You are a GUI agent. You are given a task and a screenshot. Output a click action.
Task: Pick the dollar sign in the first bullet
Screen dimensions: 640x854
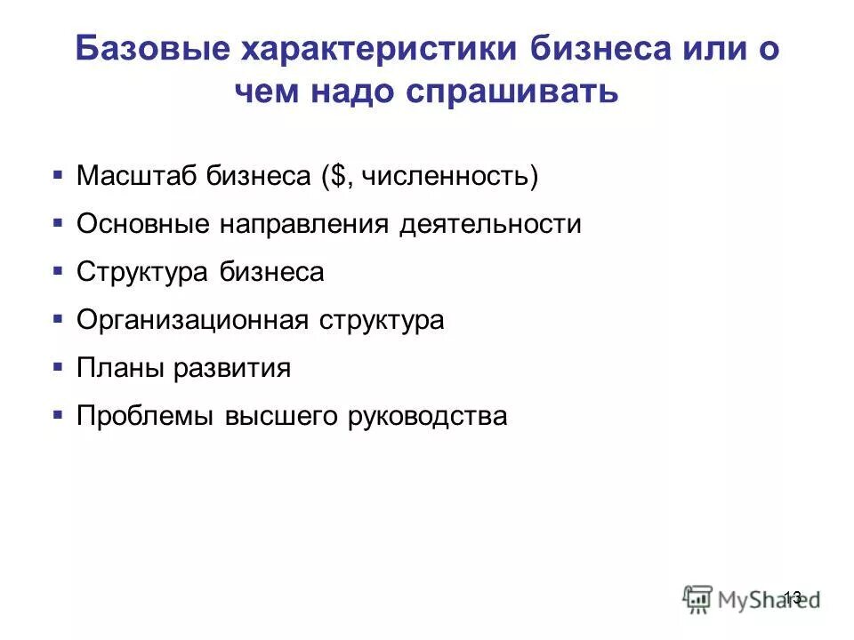pyautogui.click(x=341, y=176)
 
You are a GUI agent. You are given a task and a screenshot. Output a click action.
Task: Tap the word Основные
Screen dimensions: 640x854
pyautogui.click(x=142, y=224)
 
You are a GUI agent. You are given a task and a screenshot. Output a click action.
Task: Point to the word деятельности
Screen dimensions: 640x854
pyautogui.click(x=490, y=224)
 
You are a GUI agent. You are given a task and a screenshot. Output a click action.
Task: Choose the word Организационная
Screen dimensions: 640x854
pyautogui.click(x=192, y=320)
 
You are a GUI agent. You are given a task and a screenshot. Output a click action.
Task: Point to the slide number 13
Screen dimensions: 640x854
pyautogui.click(x=793, y=596)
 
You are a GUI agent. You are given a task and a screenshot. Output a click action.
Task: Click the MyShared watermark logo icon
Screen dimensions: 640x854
pyautogui.click(x=698, y=597)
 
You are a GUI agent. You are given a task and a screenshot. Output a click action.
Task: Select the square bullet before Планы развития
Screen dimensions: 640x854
pyautogui.click(x=58, y=365)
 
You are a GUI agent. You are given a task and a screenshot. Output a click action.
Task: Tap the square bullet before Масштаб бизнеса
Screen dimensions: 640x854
pyautogui.click(x=58, y=173)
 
